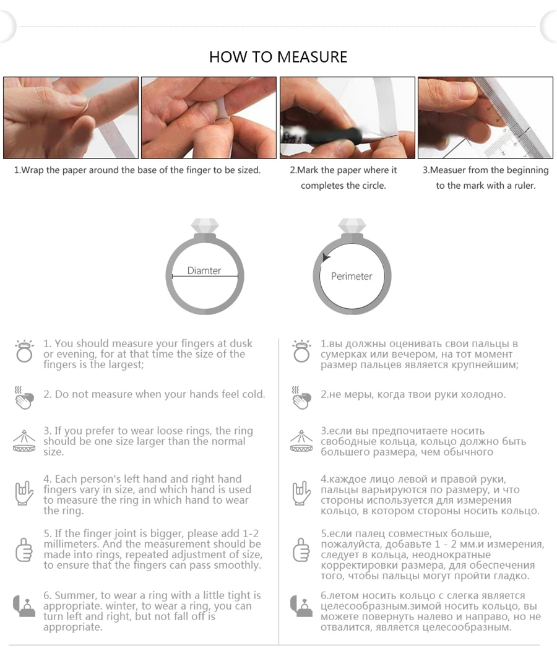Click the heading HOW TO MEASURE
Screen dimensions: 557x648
tap(278, 57)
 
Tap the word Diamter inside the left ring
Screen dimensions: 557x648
tap(204, 270)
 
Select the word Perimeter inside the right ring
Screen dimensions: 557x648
tap(352, 276)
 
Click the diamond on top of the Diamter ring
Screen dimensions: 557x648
tap(204, 226)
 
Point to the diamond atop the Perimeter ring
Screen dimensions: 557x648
tap(352, 226)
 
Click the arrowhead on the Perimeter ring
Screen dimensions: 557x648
tap(326, 257)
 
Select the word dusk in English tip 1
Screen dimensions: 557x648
tap(241, 343)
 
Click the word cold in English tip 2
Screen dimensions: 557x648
tap(253, 394)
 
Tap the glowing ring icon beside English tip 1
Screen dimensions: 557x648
tap(24, 352)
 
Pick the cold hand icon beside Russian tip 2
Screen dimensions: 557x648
tap(301, 397)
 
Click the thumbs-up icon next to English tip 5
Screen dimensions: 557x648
tap(24, 550)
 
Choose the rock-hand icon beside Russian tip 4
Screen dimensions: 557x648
tap(301, 493)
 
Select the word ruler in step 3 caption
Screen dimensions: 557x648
tap(524, 186)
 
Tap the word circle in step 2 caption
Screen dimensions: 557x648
tap(374, 186)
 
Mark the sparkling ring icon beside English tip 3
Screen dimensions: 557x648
tap(24, 441)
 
